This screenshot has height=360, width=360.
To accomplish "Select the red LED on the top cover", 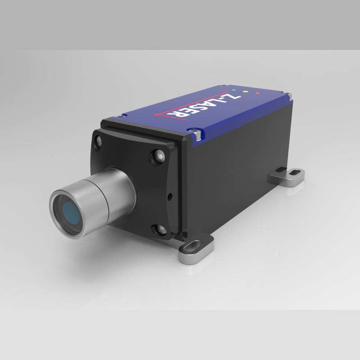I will pyautogui.click(x=257, y=94).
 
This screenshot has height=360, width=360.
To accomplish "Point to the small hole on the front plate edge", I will pyautogui.click(x=170, y=196).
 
